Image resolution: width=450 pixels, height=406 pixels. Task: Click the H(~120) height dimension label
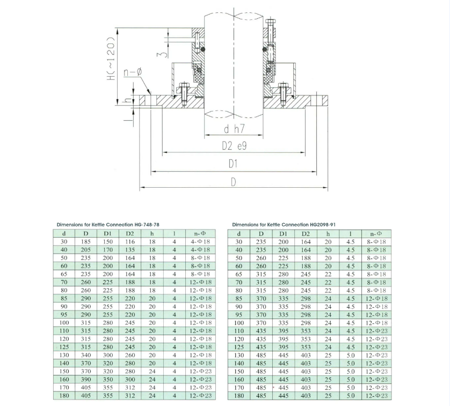pos(111,58)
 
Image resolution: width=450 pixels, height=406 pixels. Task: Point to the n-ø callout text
pos(133,72)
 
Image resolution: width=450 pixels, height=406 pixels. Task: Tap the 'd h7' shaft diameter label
pos(234,129)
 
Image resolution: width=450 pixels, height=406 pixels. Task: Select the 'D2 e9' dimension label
pos(234,146)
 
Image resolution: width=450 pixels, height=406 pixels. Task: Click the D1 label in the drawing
pos(233,164)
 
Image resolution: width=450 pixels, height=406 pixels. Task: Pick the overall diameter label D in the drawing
pos(233,182)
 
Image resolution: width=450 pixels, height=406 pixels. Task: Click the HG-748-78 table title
pos(108,225)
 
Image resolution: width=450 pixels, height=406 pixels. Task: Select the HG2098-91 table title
pos(284,225)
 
